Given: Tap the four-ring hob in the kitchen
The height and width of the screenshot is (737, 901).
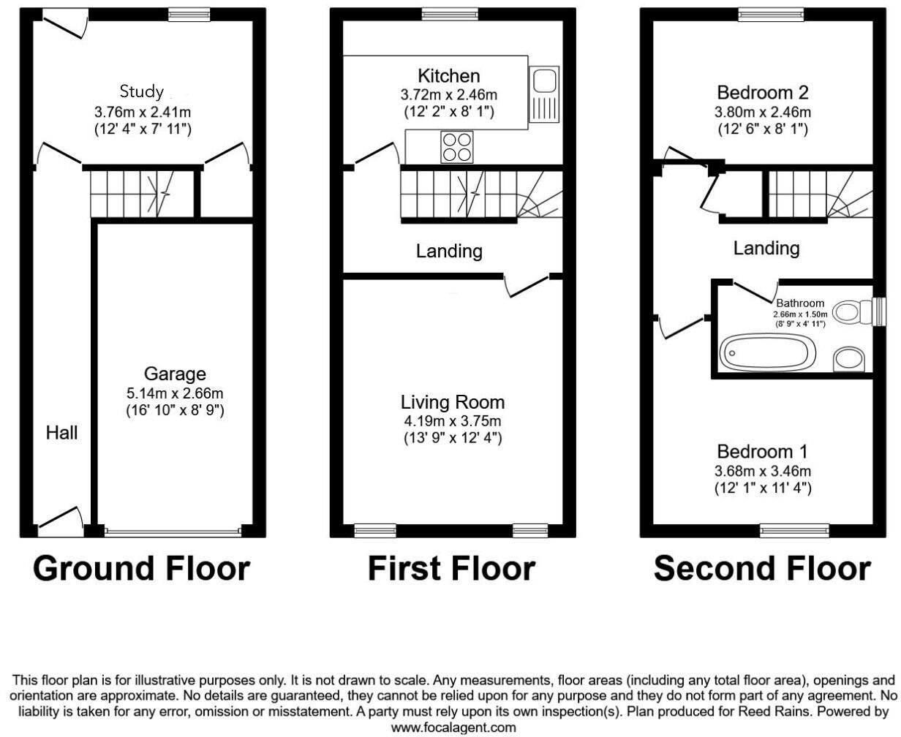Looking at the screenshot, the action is pyautogui.click(x=456, y=146).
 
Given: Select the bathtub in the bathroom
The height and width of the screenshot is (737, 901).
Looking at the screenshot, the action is pyautogui.click(x=768, y=353).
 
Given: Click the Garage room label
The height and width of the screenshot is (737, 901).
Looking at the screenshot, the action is pyautogui.click(x=175, y=374).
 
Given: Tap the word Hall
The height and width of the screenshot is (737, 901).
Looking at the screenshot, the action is pyautogui.click(x=62, y=432).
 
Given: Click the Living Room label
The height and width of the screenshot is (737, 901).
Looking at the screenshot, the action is pyautogui.click(x=453, y=401).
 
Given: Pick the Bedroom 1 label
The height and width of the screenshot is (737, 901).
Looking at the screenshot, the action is pyautogui.click(x=763, y=451).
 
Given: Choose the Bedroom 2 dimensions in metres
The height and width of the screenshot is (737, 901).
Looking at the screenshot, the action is pyautogui.click(x=764, y=113).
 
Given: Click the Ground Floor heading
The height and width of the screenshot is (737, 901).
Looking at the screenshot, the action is pyautogui.click(x=141, y=568).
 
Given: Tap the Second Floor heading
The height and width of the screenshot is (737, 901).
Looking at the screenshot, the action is pyautogui.click(x=762, y=568).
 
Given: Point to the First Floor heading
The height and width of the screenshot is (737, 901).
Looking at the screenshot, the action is pyautogui.click(x=451, y=568).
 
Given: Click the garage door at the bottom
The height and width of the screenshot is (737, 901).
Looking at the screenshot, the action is pyautogui.click(x=173, y=532).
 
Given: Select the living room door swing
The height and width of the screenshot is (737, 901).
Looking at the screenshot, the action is pyautogui.click(x=527, y=286).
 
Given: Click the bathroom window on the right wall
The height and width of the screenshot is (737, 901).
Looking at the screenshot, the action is pyautogui.click(x=880, y=311).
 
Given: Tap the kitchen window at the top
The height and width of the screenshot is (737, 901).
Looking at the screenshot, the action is pyautogui.click(x=450, y=13).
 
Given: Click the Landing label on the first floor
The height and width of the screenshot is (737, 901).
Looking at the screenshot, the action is pyautogui.click(x=449, y=252).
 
